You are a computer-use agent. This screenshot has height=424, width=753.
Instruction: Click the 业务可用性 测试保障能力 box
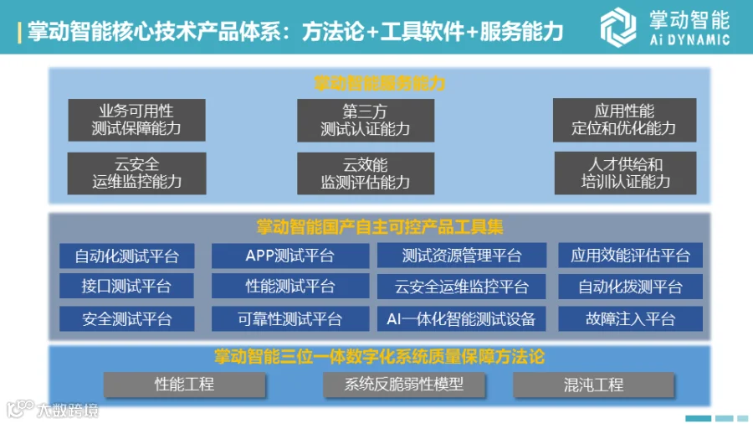coord(136,119)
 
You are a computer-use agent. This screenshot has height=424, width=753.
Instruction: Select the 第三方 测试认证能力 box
coord(366,119)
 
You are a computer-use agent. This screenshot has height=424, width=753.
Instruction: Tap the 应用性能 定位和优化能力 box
coord(623,119)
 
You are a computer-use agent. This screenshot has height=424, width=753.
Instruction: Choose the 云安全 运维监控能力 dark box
coord(136,173)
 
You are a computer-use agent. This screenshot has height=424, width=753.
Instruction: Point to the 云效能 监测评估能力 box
coord(366,173)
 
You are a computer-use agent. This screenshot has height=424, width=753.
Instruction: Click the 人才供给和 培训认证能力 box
coord(623,173)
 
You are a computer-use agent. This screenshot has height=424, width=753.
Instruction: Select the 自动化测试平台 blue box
coord(126,256)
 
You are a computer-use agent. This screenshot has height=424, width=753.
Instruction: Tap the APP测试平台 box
coord(289,256)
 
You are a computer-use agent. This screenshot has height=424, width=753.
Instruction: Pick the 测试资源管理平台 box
coord(462,256)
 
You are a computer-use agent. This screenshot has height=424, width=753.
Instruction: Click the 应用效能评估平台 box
coord(631,256)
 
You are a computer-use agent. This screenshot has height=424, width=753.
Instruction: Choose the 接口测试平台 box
coord(126,287)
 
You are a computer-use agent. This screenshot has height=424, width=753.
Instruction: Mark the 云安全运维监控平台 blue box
coord(462,287)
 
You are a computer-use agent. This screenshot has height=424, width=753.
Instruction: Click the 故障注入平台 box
coord(631,318)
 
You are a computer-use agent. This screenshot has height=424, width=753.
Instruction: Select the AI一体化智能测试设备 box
coord(462,318)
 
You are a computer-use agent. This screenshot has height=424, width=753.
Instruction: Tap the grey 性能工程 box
coord(184,385)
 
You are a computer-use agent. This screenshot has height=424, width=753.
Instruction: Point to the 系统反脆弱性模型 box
coord(404,385)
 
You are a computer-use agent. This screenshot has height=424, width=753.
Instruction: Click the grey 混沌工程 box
coord(594,385)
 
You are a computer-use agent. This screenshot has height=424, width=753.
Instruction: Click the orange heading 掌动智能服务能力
coord(379,83)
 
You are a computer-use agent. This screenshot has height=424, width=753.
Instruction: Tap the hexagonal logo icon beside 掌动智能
coord(618,26)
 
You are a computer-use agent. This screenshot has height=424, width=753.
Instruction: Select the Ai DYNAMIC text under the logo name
coord(689,39)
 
